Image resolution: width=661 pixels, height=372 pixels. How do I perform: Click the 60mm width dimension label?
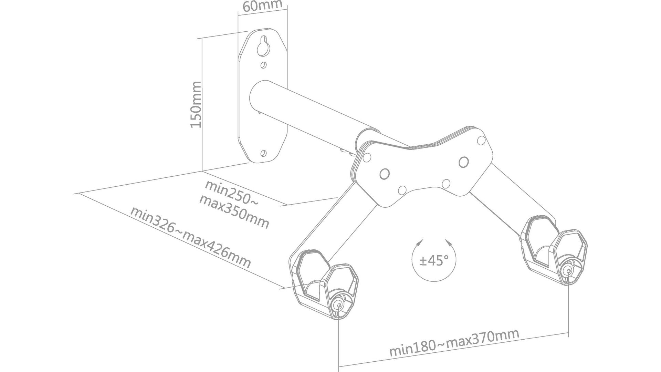[262, 6]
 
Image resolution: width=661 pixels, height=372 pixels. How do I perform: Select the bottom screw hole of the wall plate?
[264, 153]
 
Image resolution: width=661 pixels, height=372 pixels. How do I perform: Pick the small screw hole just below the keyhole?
[264, 65]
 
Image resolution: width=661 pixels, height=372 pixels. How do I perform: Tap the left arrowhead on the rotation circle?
[419, 243]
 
